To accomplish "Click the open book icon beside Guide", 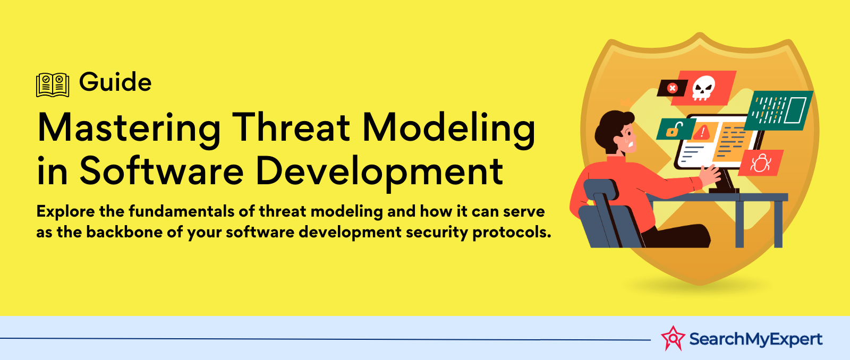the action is click(x=53, y=85).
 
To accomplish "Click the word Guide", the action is click(x=115, y=82).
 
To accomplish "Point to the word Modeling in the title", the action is click(x=449, y=130).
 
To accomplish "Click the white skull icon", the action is click(x=703, y=88).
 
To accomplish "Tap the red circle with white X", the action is click(x=673, y=88).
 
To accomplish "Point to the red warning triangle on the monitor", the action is click(x=702, y=132).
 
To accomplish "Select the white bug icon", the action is click(x=760, y=162).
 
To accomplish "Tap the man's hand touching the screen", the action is click(x=710, y=175).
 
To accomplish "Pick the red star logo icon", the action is click(x=673, y=338).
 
